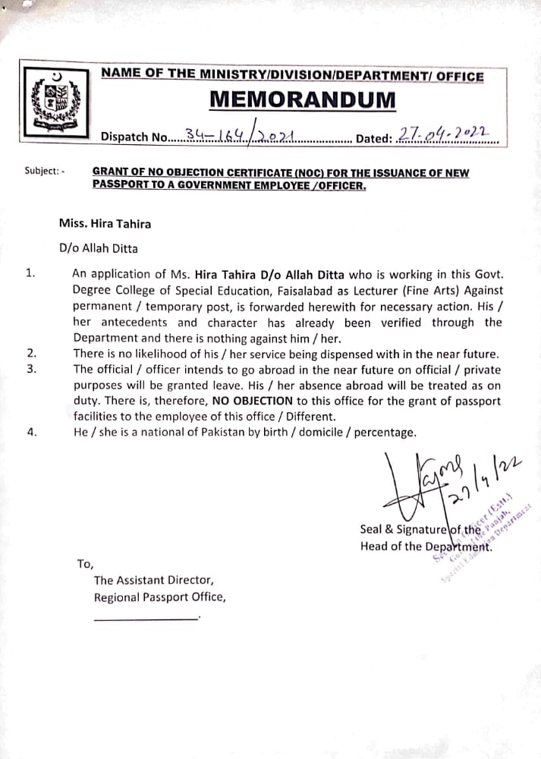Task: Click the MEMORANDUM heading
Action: coord(302,99)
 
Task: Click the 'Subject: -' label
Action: coord(45,172)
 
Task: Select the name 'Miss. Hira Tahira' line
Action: coord(105,223)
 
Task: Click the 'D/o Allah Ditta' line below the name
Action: coord(99,248)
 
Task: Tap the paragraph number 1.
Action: coord(30,273)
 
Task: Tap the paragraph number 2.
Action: coord(30,353)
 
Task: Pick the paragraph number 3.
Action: coord(30,369)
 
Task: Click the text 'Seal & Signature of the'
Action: coord(420,530)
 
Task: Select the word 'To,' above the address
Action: coord(85,563)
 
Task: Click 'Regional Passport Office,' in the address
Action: coord(159,597)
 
